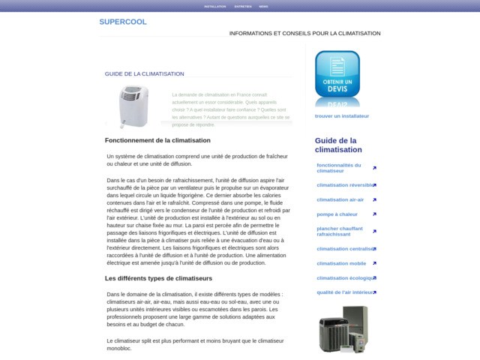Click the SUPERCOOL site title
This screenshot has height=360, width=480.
click(x=123, y=22)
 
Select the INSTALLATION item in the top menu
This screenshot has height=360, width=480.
click(x=215, y=6)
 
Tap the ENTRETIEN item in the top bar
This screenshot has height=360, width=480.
click(x=243, y=6)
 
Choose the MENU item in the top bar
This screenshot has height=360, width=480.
click(x=263, y=6)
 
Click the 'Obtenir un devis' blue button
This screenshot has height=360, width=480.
click(x=337, y=76)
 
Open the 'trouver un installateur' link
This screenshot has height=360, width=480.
click(x=342, y=116)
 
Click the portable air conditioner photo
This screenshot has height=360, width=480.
click(x=133, y=106)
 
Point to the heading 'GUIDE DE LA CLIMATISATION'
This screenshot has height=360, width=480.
click(x=145, y=74)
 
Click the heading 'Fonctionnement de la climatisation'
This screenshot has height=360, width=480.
click(x=157, y=140)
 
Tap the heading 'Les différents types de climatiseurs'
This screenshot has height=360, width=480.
click(x=157, y=279)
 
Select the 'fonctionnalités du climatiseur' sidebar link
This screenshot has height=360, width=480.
click(x=339, y=168)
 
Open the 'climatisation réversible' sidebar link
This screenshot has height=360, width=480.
click(x=345, y=184)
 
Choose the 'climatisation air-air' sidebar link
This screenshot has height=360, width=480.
click(x=340, y=199)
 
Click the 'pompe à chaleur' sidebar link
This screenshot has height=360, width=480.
click(x=336, y=214)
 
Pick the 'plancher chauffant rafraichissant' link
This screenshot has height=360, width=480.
click(x=340, y=231)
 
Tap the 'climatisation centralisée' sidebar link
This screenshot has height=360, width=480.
click(x=345, y=249)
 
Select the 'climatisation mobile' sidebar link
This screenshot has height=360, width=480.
click(x=341, y=263)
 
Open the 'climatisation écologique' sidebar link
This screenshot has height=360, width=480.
click(x=344, y=278)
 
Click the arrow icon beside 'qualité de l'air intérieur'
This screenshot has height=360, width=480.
click(x=374, y=292)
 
